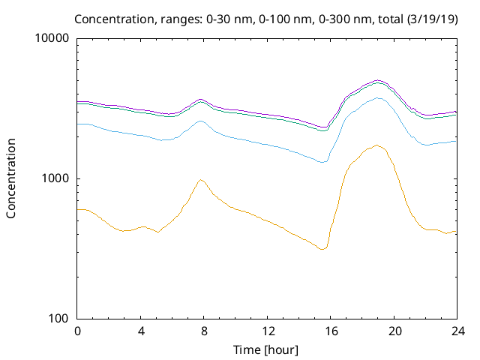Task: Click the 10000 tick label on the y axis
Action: [52, 38]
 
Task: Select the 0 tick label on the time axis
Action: [77, 331]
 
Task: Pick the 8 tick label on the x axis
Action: [204, 331]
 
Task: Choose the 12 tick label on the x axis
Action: [267, 331]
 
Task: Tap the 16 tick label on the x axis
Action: [331, 331]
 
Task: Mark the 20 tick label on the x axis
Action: [394, 331]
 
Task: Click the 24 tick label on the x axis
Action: [457, 331]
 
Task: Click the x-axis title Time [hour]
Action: [267, 349]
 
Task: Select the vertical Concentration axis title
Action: [11, 178]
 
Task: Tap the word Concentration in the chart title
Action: [130, 18]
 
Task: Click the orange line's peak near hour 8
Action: [201, 179]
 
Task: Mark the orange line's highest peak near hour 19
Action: [376, 145]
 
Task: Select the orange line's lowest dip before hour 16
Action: [322, 249]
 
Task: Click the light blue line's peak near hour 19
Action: [378, 97]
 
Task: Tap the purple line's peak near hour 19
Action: [378, 80]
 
